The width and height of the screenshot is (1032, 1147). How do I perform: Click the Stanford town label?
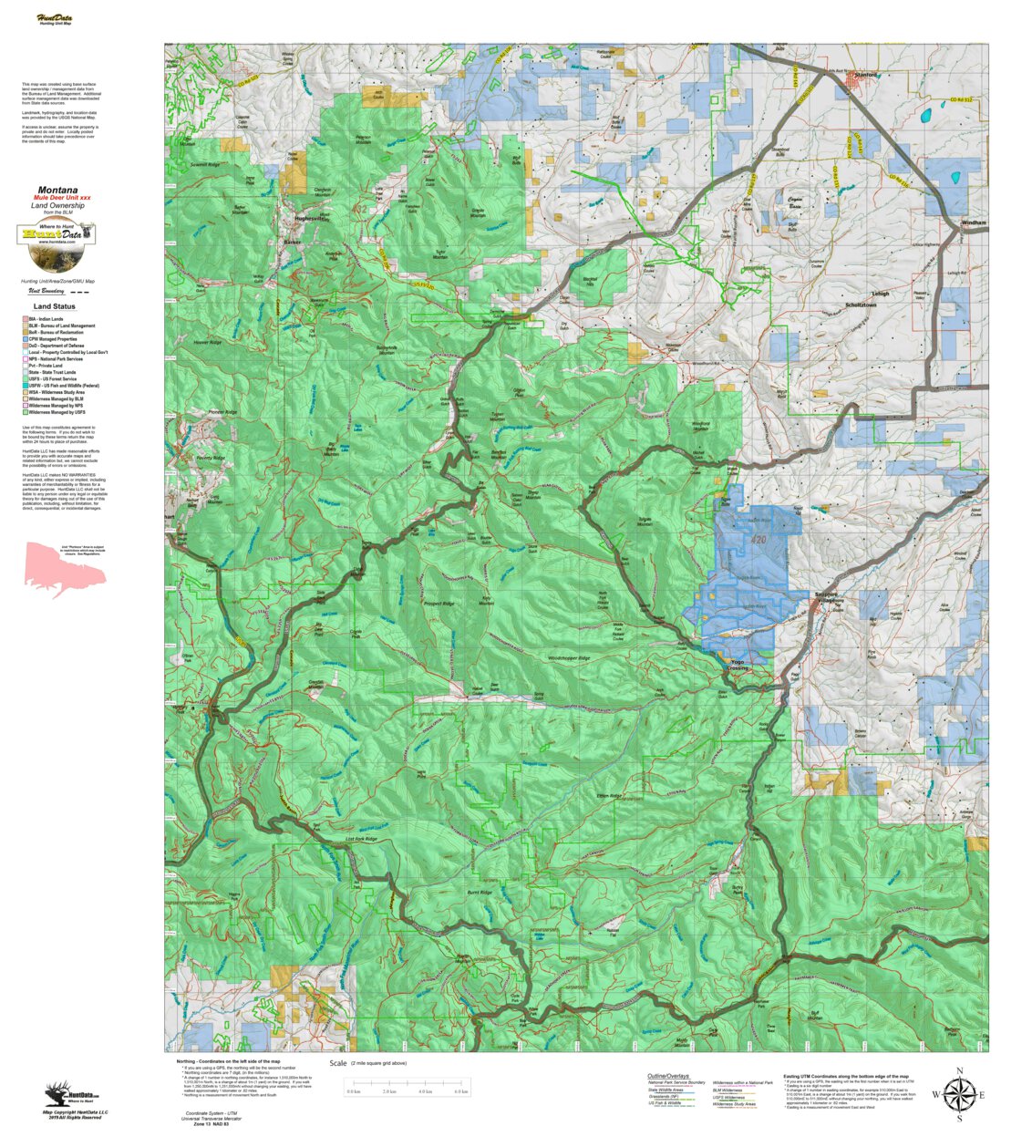point(865,76)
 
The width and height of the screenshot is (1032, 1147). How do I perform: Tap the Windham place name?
point(974,222)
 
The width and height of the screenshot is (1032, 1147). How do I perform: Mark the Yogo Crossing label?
point(738,666)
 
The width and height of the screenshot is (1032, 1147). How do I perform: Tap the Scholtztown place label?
point(861,305)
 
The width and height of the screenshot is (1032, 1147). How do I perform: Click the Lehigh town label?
point(880,294)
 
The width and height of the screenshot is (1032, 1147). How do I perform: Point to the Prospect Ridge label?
point(439,604)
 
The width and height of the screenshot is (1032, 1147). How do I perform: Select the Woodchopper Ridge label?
point(569,657)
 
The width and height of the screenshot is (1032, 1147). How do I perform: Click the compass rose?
point(958,1093)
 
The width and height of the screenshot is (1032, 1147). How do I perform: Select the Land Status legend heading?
point(55,306)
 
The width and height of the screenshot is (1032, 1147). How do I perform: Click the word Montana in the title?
point(57,191)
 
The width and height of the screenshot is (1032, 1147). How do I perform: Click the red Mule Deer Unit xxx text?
point(62,198)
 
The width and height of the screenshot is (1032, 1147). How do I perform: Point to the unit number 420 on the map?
point(758,540)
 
